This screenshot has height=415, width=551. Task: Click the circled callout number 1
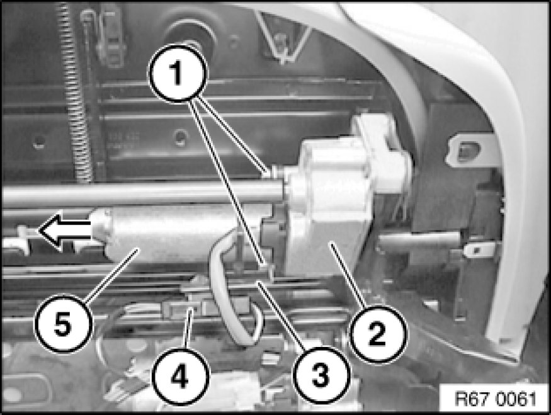[x=178, y=73]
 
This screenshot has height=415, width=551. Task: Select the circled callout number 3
[x=322, y=375]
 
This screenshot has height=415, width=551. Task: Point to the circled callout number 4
[x=180, y=377]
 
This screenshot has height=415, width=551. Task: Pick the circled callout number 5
[x=63, y=324]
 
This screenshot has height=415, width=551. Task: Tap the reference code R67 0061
[x=496, y=399]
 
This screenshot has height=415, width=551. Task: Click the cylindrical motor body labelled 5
[x=183, y=234]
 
